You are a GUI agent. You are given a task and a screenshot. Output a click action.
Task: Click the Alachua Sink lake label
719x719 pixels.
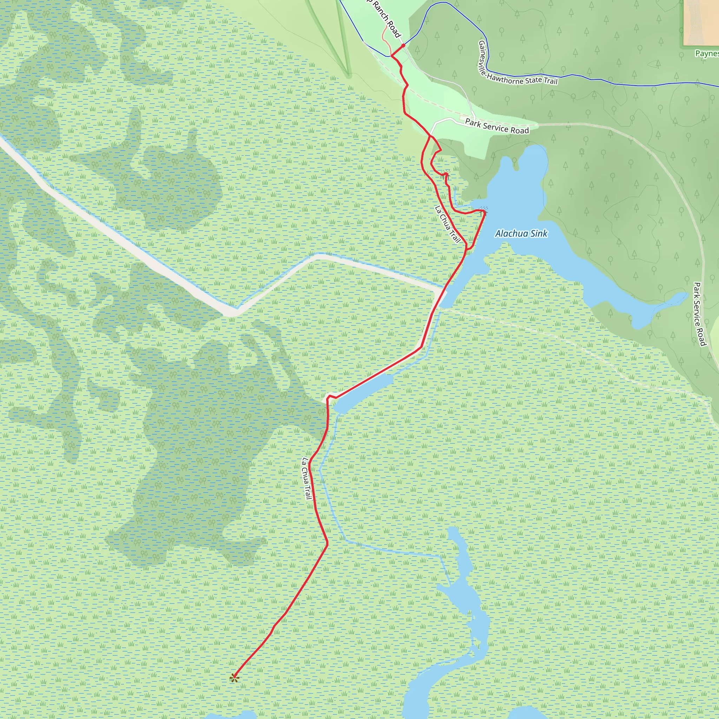[521, 233]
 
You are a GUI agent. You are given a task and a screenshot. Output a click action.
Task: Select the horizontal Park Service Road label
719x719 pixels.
[497, 126]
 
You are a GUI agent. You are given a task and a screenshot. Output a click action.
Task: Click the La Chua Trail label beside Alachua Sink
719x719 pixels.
[448, 224]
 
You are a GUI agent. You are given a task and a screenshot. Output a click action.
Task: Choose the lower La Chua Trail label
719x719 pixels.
[306, 478]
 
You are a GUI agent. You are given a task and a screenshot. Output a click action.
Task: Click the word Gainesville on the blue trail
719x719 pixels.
[483, 58]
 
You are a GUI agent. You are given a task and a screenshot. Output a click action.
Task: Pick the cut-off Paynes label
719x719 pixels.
[707, 54]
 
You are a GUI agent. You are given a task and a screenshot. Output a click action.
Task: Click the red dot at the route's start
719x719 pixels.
[403, 45]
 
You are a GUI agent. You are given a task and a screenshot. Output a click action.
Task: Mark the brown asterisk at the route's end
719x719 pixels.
[234, 678]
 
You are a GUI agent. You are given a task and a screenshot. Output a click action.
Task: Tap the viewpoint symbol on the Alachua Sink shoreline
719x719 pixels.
[483, 211]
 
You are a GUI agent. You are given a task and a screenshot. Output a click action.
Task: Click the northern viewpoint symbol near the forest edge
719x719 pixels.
[446, 173]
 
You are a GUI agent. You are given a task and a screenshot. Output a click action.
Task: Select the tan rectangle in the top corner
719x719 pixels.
[701, 22]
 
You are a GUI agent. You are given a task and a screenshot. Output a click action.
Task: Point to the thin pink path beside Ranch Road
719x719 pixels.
[385, 39]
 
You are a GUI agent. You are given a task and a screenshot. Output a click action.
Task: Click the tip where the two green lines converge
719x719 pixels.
[349, 76]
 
